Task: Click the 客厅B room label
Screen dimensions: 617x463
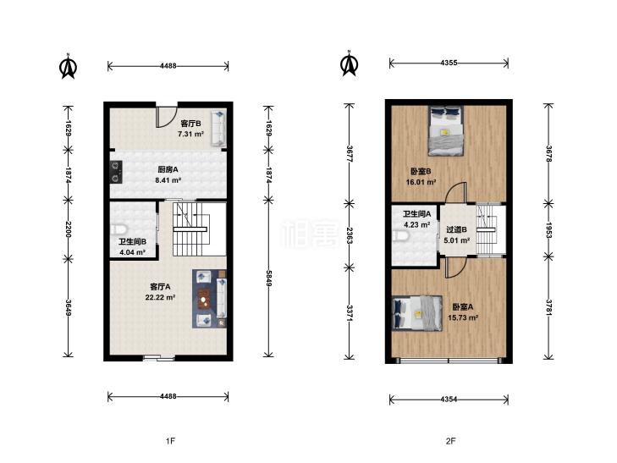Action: [190, 123]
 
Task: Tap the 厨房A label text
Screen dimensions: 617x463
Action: [168, 169]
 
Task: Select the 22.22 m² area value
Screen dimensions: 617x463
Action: [160, 297]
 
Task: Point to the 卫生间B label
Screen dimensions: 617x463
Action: [133, 241]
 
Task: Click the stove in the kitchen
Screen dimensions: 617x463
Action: [116, 172]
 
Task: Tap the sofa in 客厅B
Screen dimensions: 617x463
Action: [218, 129]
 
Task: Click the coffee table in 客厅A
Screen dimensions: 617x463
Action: [203, 299]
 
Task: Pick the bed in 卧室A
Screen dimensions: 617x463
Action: [417, 313]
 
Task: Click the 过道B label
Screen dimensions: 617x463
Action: [456, 229]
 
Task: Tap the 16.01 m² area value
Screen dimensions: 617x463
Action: [421, 183]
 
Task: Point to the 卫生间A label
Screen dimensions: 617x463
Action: [416, 214]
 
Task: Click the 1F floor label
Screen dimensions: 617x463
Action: [170, 441]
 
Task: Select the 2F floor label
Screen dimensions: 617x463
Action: [450, 441]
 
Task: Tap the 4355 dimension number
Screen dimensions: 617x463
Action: [449, 63]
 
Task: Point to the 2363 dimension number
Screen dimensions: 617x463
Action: [350, 235]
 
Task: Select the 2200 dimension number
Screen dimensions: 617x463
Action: [68, 229]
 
